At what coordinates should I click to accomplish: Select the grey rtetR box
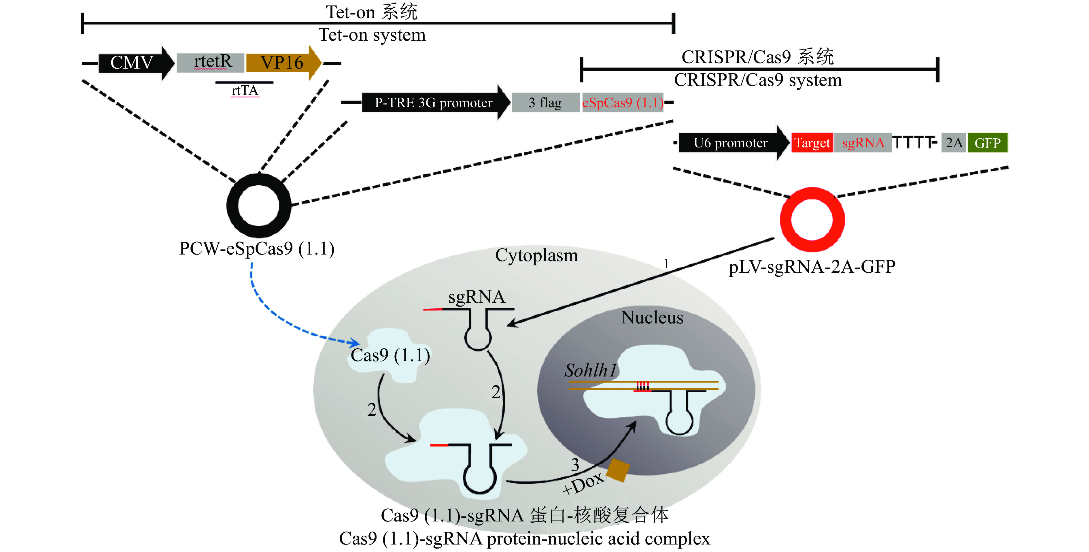211,63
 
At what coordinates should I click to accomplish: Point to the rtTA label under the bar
245,91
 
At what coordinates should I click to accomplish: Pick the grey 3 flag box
545,102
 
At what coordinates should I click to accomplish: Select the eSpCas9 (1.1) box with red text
622,102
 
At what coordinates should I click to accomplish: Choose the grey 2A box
954,143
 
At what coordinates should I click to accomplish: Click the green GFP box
988,143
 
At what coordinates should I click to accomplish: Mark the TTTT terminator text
913,143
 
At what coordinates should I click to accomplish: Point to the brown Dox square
618,470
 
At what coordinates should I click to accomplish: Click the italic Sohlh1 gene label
591,370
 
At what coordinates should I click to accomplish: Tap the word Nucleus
652,317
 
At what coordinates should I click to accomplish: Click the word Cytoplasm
536,255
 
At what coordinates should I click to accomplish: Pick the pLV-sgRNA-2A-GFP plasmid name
812,266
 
